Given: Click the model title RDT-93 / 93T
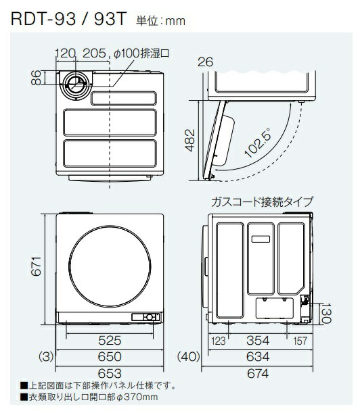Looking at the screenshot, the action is tap(69, 18).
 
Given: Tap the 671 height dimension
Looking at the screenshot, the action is tap(36, 266).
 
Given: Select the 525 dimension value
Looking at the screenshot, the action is tap(110, 340).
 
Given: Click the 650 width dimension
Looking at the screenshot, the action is tap(110, 357).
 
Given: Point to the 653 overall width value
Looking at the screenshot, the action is tap(110, 373).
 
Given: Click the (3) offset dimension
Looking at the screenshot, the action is tap(46, 357).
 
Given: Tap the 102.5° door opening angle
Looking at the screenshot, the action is tap(258, 143).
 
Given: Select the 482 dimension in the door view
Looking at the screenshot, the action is tap(189, 140).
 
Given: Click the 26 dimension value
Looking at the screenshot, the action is tap(205, 62).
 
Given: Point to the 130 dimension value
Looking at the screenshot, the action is tap(326, 313).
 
